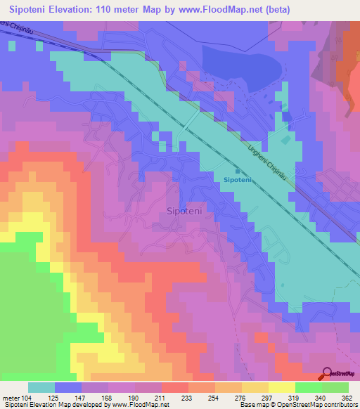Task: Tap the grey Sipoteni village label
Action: coord(186,209)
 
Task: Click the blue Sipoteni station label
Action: coord(238,180)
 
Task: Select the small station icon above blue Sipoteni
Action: coord(238,171)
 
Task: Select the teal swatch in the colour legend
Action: coord(41,387)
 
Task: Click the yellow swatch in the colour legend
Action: coord(282,387)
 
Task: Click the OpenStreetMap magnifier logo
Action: coord(328,374)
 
